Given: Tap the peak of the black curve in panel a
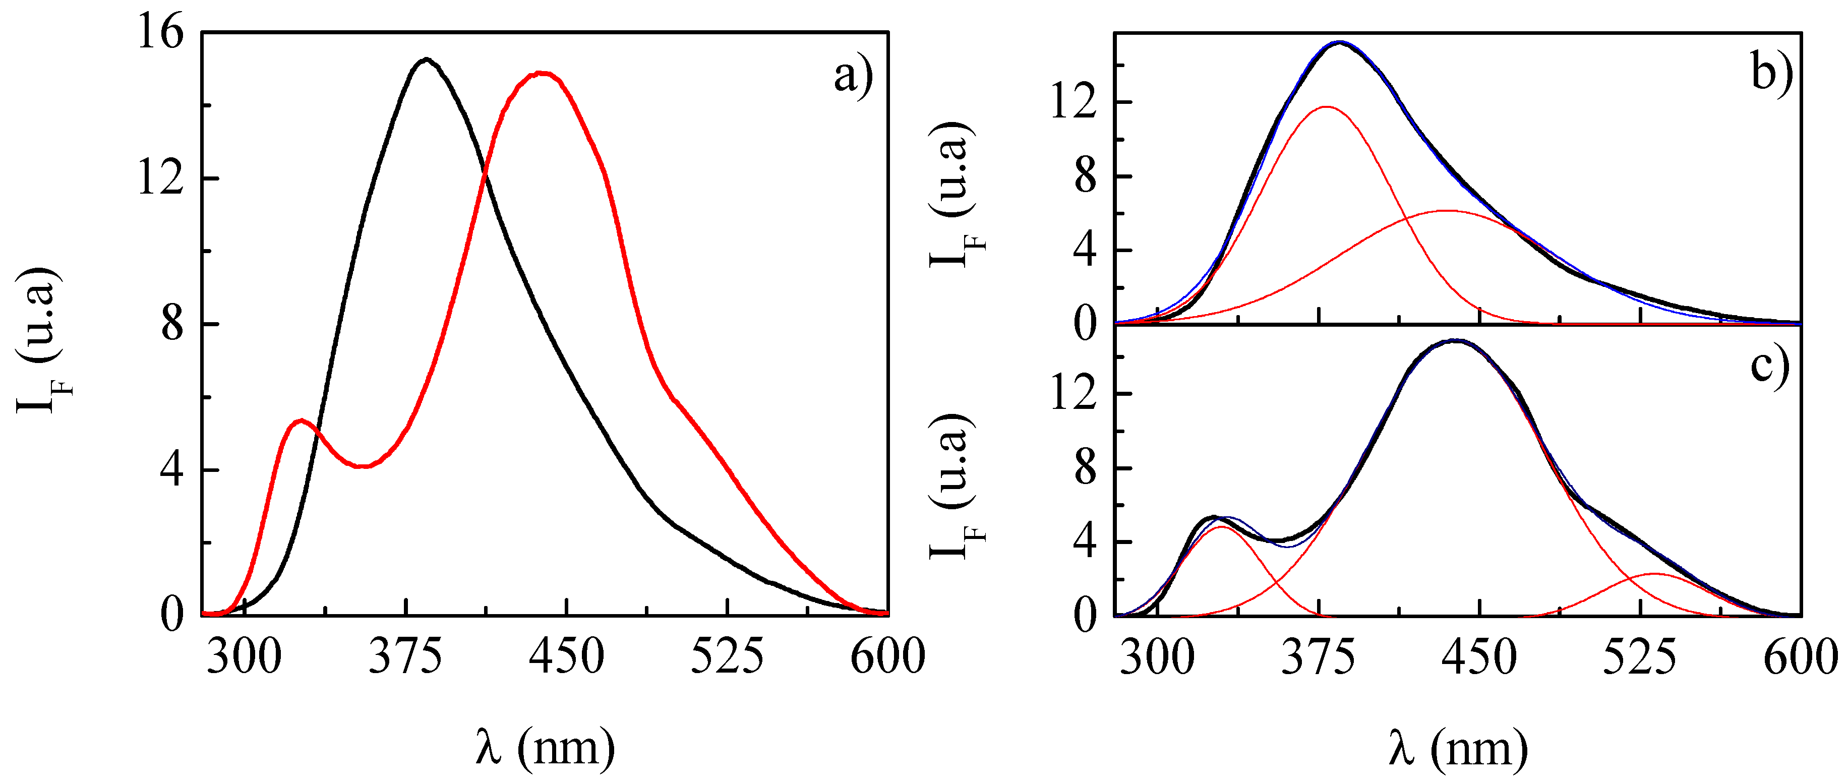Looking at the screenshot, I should point(427,59).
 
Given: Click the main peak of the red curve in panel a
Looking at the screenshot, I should point(542,73).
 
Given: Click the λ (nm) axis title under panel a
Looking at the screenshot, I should point(545,748).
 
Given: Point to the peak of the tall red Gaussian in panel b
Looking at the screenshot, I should point(1326,107).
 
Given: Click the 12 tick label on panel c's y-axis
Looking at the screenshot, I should point(1073,394).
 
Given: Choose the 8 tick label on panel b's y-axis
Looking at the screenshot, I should point(1085,176).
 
